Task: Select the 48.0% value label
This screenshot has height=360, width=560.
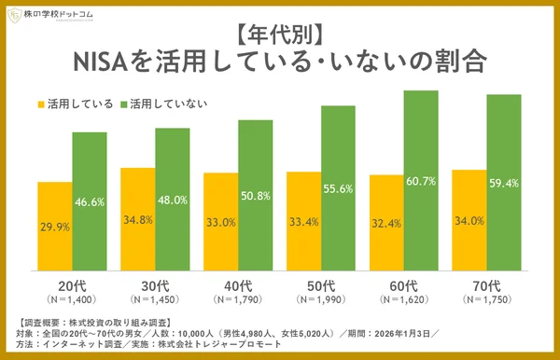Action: [173, 200]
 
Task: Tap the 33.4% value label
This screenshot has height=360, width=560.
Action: [304, 223]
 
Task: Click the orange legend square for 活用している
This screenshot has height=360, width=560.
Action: [42, 101]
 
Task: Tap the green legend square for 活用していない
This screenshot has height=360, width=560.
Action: [122, 101]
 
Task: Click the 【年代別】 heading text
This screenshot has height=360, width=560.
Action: [280, 35]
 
